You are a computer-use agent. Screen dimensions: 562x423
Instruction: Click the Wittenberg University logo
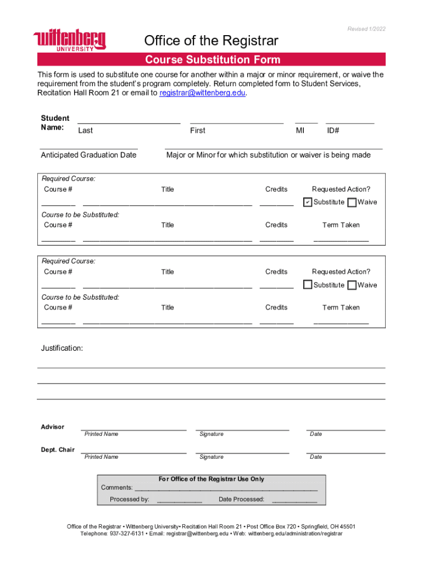pos(70,40)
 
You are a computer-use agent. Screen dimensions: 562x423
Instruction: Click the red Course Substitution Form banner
pos(212,60)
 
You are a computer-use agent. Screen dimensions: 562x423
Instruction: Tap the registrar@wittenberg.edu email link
pos(202,93)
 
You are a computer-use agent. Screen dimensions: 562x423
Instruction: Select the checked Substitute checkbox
pos(308,203)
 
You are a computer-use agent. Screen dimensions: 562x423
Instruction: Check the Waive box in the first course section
pos(352,203)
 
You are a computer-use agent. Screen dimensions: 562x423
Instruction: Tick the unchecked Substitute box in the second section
pos(308,285)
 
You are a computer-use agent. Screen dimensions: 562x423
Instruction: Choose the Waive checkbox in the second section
pos(352,285)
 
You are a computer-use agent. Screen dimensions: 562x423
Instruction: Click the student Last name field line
pos(129,121)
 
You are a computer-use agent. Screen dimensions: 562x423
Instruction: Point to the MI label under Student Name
pos(300,131)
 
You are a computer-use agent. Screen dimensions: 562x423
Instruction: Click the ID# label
pos(333,131)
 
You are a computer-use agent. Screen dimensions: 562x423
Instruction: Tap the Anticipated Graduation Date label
pos(88,155)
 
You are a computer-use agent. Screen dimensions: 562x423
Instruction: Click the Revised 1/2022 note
pos(366,29)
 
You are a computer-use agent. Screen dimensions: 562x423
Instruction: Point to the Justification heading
pos(62,349)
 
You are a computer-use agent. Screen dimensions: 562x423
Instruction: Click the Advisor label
pos(53,427)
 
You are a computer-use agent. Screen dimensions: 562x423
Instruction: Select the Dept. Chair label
pos(58,450)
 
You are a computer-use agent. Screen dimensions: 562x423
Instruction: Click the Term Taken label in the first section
pos(341,225)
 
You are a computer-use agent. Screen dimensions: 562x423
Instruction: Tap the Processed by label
pos(129,499)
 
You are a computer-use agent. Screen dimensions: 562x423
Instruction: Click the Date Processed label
pos(241,499)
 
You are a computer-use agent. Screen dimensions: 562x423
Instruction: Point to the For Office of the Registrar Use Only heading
pos(211,479)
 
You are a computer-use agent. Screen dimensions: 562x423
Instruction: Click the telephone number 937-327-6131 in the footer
pos(127,533)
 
